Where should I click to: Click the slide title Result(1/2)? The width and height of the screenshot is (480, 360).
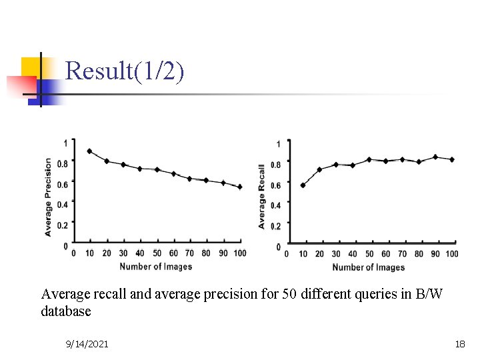coord(125,71)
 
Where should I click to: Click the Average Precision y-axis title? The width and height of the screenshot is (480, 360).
coord(48,197)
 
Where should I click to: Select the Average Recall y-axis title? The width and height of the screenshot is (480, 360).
coord(262,197)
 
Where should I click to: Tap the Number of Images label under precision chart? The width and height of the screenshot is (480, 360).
coord(155,267)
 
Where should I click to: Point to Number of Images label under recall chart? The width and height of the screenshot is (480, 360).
coord(368,267)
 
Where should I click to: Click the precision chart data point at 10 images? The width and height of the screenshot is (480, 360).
coord(89,151)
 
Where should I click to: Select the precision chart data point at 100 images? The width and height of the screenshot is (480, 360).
coord(240,187)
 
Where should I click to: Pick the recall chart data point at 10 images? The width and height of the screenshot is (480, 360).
coord(303,185)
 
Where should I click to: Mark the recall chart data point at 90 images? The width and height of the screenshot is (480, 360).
coord(435,157)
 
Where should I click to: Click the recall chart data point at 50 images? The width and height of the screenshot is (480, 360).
coord(369,159)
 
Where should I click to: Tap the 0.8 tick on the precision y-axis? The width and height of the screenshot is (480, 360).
coord(62,163)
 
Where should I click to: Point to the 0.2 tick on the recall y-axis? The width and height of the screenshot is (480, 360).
coord(276,227)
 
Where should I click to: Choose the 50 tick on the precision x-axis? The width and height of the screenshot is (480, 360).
coord(157,253)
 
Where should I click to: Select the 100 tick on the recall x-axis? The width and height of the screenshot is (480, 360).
coord(451,254)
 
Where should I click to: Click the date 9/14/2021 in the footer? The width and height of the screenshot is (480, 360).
coord(87,344)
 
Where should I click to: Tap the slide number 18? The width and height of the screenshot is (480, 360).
coord(459,344)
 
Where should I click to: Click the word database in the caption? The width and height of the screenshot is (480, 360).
coord(66,311)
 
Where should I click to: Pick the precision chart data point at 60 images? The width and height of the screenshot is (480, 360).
coord(173,173)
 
